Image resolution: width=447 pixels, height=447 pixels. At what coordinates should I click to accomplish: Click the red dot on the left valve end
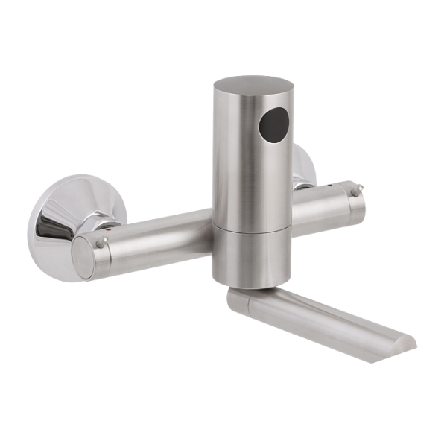coord(109,232)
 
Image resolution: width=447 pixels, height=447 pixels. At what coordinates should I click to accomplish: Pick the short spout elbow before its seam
coord(237,298)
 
